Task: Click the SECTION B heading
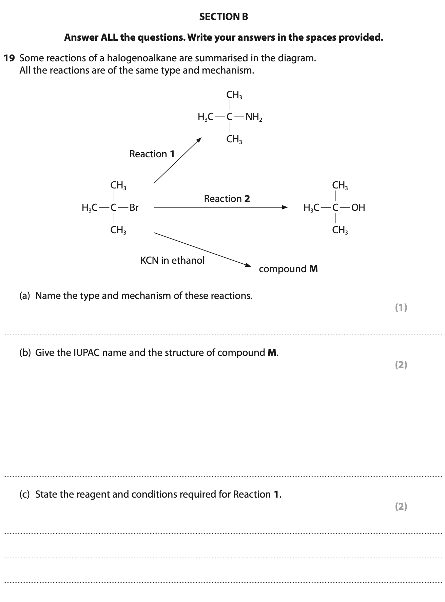pyautogui.click(x=224, y=17)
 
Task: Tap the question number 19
pyautogui.click(x=9, y=58)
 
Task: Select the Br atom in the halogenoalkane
pyautogui.click(x=134, y=207)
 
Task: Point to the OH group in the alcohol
pyautogui.click(x=358, y=207)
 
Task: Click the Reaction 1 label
pyautogui.click(x=152, y=154)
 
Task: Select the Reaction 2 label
pyautogui.click(x=227, y=199)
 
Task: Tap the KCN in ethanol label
pyautogui.click(x=172, y=260)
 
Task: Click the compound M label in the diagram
pyautogui.click(x=288, y=269)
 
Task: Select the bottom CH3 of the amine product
pyautogui.click(x=234, y=139)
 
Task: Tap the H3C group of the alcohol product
pyautogui.click(x=311, y=207)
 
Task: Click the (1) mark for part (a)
pyautogui.click(x=401, y=307)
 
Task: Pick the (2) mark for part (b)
pyautogui.click(x=401, y=365)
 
